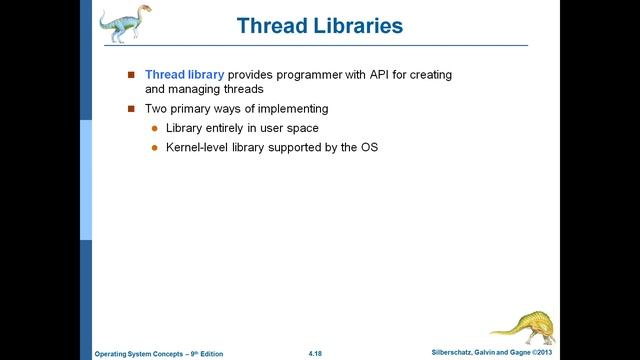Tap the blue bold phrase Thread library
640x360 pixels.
(185, 74)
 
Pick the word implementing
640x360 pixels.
(293, 108)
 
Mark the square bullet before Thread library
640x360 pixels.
(130, 75)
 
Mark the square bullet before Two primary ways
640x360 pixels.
(130, 108)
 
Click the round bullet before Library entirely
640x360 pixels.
(154, 128)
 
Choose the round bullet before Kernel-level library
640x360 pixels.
(154, 148)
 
